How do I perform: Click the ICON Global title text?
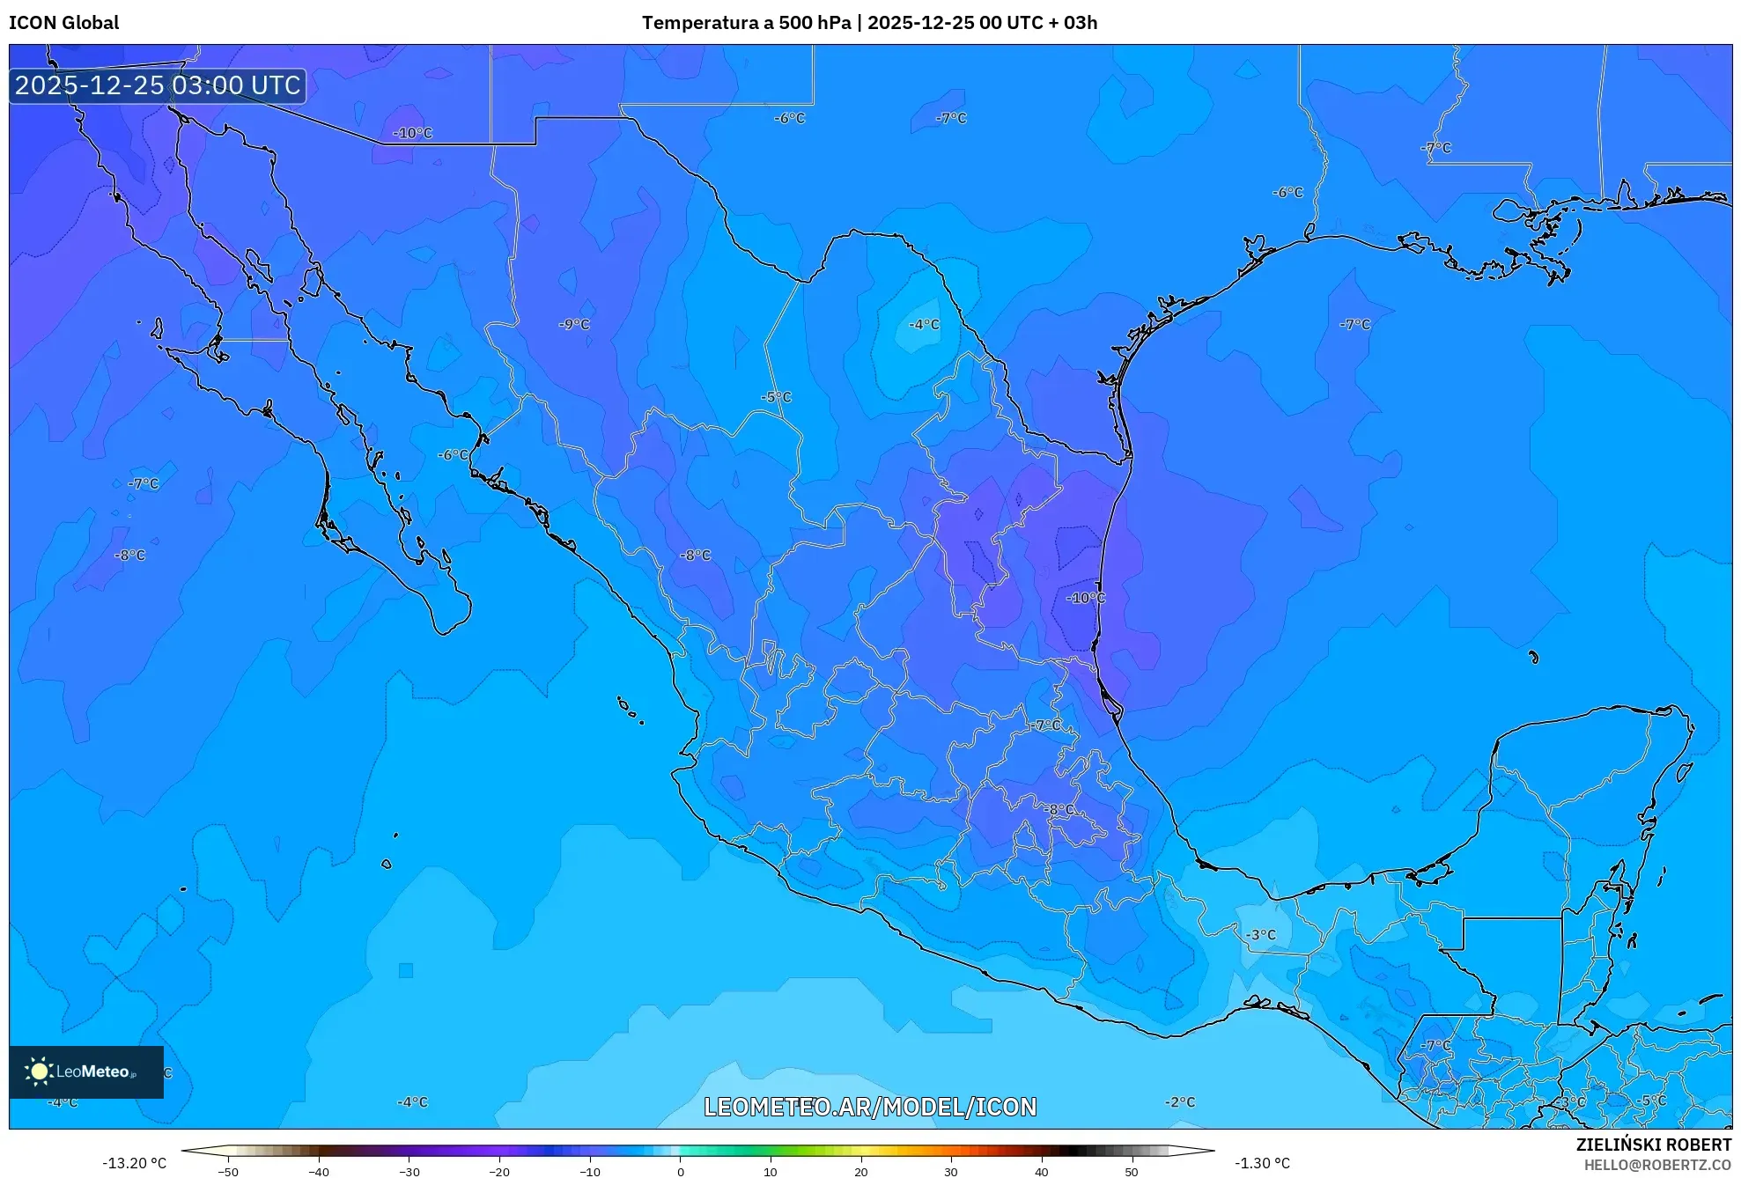pos(63,23)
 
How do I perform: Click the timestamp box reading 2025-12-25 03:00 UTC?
pos(158,85)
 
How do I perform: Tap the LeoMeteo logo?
pos(85,1071)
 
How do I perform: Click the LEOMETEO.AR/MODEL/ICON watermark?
pos(870,1107)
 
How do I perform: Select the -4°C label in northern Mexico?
pos(924,324)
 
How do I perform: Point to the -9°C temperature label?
pos(574,324)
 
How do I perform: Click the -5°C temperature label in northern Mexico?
pos(776,397)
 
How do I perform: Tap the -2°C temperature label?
pos(1180,1102)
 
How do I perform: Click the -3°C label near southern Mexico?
pos(1260,934)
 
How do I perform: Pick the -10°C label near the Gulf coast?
pos(1085,598)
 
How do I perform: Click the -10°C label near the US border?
pos(412,133)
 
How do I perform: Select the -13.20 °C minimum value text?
pos(134,1163)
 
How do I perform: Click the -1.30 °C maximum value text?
pos(1262,1163)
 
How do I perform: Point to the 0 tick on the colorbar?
pos(680,1172)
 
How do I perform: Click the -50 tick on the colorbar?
pos(228,1172)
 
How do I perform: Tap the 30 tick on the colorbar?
pos(951,1172)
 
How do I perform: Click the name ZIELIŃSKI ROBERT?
pos(1653,1145)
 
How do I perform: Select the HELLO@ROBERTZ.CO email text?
pos(1657,1165)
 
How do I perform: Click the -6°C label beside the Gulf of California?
pos(453,455)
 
